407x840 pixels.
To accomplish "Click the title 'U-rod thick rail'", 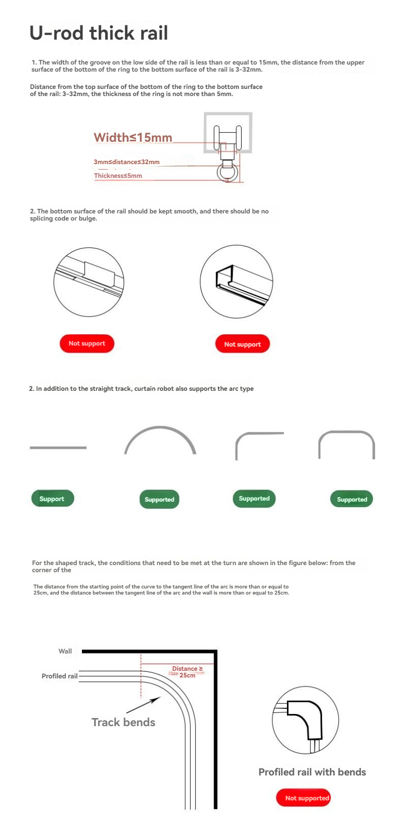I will pos(99,33).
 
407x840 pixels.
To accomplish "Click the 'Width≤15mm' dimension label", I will pos(133,137).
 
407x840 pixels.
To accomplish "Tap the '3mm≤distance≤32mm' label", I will pos(126,162).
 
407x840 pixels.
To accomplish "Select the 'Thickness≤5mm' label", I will pos(118,176).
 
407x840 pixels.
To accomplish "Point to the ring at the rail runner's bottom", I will pos(227,173).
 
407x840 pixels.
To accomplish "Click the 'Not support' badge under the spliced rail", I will pos(87,344).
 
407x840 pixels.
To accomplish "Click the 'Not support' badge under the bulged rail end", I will pos(243,344).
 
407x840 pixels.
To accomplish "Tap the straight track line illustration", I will pos(58,448).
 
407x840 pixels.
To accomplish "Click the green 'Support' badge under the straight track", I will pos(52,499).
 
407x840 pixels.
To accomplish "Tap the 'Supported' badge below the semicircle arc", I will pos(159,500).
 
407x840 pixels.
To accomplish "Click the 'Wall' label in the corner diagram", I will pos(65,651).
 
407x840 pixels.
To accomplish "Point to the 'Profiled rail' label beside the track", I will pos(60,676).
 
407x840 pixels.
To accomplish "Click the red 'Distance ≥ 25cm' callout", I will pos(187,672).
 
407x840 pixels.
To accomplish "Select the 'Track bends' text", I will pos(123,722).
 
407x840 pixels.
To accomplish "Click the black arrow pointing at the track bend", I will pos(143,705).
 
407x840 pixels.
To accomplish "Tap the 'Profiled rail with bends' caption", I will pos(312,772).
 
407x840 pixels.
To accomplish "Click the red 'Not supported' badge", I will pos(304,798).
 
